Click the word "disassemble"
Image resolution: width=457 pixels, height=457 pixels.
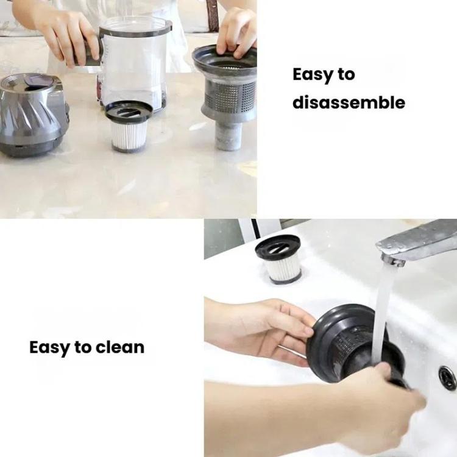pyautogui.click(x=349, y=102)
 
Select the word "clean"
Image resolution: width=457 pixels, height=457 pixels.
pyautogui.click(x=120, y=348)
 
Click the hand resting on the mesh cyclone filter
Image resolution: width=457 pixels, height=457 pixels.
pyautogui.click(x=238, y=30)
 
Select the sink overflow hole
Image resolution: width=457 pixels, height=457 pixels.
pyautogui.click(x=447, y=378)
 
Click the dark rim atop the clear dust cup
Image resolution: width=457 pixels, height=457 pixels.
pyautogui.click(x=135, y=26)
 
